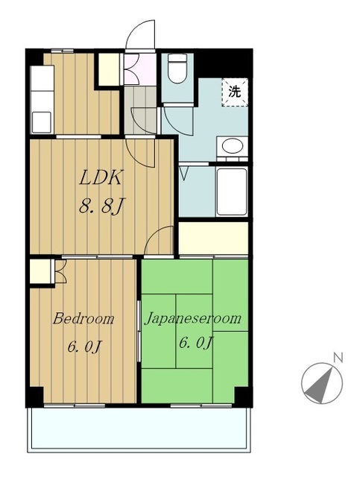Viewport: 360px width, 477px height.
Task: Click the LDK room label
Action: click(101, 177)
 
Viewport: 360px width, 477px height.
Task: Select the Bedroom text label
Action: click(83, 319)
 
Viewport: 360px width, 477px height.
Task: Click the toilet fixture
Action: click(177, 69)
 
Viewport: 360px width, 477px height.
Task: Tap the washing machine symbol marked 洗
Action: click(235, 92)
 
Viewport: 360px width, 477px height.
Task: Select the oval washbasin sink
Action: click(233, 146)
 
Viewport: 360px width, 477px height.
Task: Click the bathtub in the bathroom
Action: click(231, 192)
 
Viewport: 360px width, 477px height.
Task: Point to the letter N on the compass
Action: click(338, 358)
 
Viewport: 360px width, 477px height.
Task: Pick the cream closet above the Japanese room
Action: click(213, 238)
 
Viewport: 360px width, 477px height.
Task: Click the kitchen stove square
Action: click(42, 122)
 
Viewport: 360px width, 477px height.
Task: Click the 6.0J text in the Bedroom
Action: click(84, 347)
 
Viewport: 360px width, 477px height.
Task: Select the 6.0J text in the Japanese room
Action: click(195, 343)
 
